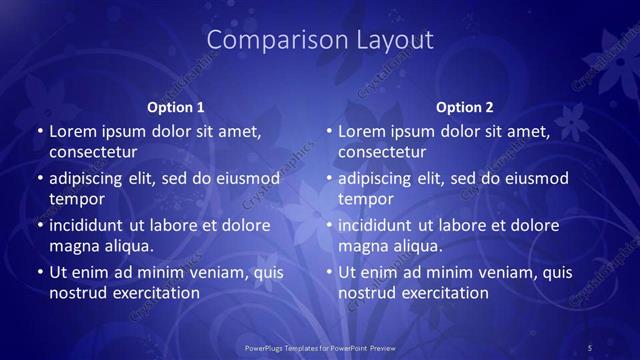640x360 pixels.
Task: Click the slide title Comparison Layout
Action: pyautogui.click(x=319, y=40)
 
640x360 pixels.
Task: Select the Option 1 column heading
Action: pyautogui.click(x=176, y=107)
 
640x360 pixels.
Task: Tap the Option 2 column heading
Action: pyautogui.click(x=465, y=107)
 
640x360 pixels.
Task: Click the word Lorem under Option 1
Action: pyautogui.click(x=73, y=131)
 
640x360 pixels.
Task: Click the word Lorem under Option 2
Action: pyautogui.click(x=362, y=131)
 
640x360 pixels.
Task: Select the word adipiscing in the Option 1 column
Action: pyautogui.click(x=87, y=179)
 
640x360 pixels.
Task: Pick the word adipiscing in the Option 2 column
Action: pyautogui.click(x=376, y=179)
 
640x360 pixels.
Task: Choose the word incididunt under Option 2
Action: pyautogui.click(x=378, y=225)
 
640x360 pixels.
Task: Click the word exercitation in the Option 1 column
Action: pyautogui.click(x=154, y=293)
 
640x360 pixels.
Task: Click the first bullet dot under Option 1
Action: pyautogui.click(x=39, y=132)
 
